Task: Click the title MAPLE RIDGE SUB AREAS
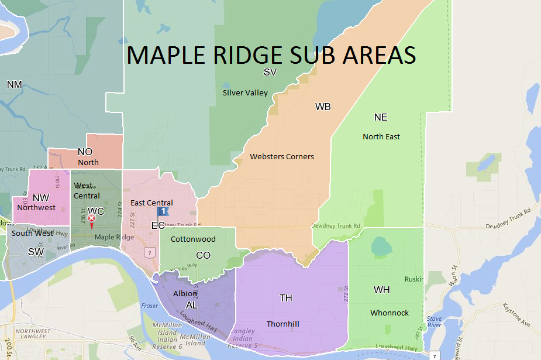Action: coord(271,54)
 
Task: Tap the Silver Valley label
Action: coord(245,92)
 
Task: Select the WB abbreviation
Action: coord(323,107)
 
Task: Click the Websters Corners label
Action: coord(281,156)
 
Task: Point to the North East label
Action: coord(381,136)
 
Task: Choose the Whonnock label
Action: coord(390,313)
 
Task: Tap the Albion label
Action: coord(185,293)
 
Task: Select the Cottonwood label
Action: coord(193,239)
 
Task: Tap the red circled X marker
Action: coord(91,218)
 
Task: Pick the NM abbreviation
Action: coord(15,85)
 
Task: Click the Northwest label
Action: coord(36,207)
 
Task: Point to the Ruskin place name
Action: coord(413,279)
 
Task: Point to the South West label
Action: coord(32,233)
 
